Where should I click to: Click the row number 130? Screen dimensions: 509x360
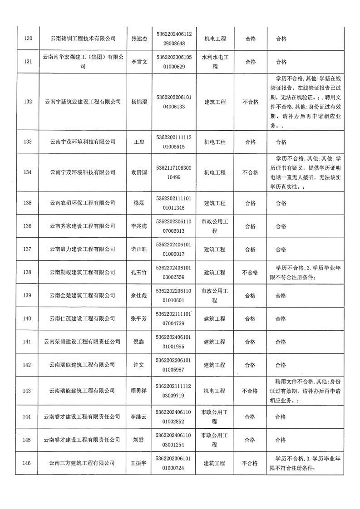tap(27, 39)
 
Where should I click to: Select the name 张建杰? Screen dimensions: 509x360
tap(139, 39)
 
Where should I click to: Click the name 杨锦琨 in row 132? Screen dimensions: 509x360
tap(139, 102)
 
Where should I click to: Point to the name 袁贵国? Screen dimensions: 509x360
tap(139, 173)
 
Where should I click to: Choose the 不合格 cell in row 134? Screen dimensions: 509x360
tap(250, 173)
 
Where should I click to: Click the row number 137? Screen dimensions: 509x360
tap(27, 250)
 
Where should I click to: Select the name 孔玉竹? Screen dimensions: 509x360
tap(139, 273)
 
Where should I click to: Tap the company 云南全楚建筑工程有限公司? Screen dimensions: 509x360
tap(83, 296)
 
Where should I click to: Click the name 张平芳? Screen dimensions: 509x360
tap(139, 319)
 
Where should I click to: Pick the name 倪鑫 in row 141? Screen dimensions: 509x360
tap(139, 342)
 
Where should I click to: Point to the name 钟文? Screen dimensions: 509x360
tap(139, 365)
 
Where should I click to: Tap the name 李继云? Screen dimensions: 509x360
tap(139, 416)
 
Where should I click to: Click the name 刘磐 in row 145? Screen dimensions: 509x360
tap(139, 440)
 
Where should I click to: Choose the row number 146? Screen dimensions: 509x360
tap(27, 463)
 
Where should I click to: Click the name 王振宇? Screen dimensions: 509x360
tap(139, 463)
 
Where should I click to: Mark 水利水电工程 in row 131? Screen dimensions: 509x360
tap(215, 62)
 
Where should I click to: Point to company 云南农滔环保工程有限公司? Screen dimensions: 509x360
tap(83, 203)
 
